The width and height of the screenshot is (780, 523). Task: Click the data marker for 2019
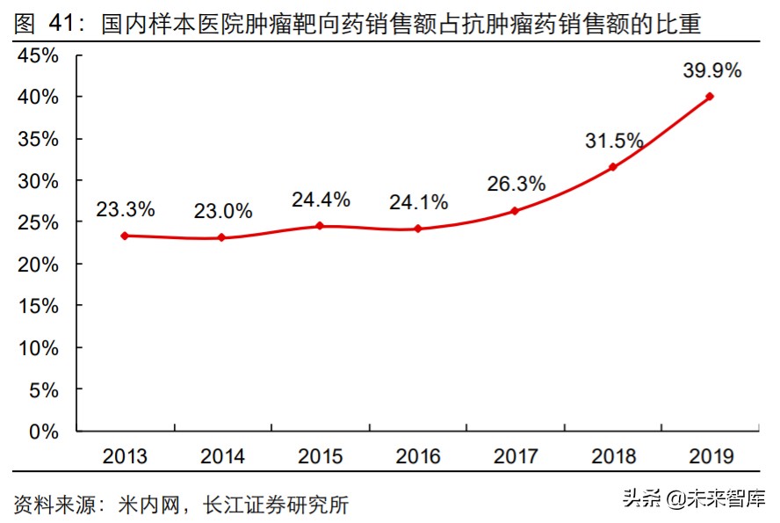click(710, 97)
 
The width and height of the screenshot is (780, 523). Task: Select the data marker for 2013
click(125, 236)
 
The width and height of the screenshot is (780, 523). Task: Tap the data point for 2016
click(418, 229)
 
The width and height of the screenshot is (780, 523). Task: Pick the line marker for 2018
click(613, 167)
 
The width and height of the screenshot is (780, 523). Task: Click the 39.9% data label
click(712, 70)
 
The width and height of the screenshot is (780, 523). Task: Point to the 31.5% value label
click(615, 141)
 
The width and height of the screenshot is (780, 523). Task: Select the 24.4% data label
click(321, 200)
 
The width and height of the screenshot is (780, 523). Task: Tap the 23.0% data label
click(223, 211)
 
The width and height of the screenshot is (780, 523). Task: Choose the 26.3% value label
click(516, 184)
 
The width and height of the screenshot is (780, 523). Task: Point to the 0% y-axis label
click(45, 432)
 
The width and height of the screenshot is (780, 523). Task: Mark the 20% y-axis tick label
click(39, 264)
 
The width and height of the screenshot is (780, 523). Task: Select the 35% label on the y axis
click(39, 139)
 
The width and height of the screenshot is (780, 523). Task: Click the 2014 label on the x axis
click(223, 457)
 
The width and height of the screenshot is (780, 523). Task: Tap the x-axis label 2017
click(516, 457)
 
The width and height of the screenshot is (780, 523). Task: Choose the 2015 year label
click(321, 457)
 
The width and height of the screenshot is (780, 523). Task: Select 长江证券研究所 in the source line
click(276, 505)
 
